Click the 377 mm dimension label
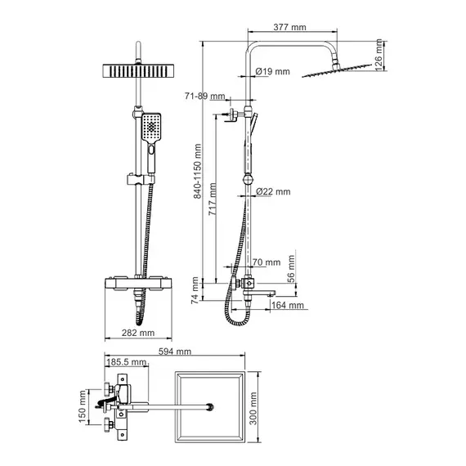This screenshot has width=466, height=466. coord(289,27)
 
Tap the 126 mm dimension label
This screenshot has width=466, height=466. coord(379,55)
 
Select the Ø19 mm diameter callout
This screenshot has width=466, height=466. coord(272,71)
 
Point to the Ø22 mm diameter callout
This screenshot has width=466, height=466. coord(273,191)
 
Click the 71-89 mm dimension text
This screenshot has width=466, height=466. coord(205,96)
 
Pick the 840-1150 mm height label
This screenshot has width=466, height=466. coord(197,171)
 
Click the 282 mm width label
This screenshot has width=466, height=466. coord(138,333)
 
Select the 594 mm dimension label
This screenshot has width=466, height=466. coord(175,352)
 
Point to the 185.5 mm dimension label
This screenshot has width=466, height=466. coord(127,362)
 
